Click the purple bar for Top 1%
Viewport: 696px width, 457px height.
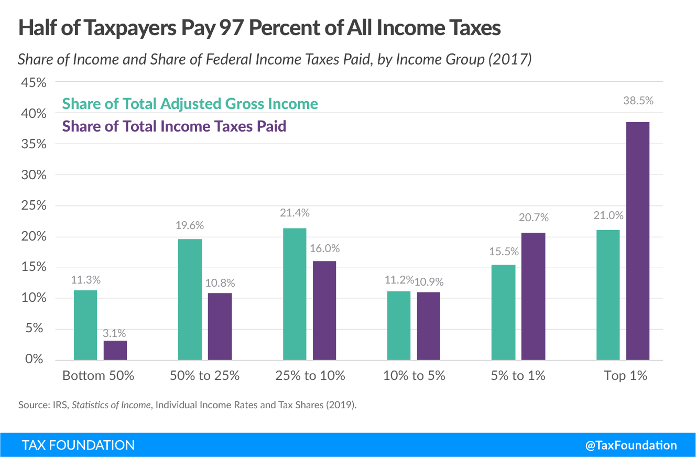point(638,241)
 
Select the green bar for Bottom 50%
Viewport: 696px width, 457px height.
point(85,325)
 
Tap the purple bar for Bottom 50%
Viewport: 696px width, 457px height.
point(115,350)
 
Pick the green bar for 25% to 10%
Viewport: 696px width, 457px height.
point(295,294)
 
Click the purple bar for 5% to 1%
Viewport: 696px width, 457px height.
point(534,296)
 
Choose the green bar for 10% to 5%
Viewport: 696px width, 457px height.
point(399,325)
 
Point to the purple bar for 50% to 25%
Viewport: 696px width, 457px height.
point(220,327)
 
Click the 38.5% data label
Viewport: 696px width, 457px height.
point(637,101)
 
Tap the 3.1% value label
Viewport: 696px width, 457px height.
point(115,333)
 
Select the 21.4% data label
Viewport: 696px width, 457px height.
point(295,213)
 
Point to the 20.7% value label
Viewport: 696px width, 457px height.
point(534,217)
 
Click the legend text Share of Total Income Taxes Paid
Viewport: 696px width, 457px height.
point(174,126)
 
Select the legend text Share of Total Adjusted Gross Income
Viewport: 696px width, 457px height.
point(190,104)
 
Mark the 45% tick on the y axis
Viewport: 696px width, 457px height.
point(32,82)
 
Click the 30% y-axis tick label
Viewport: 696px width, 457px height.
point(32,175)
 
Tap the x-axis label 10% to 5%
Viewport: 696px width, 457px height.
point(414,376)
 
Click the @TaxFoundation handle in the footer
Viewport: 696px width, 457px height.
point(631,445)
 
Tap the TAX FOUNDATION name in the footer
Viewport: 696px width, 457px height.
point(78,445)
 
